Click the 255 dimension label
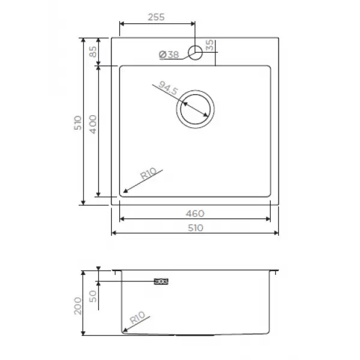[157, 17]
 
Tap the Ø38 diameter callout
[169, 55]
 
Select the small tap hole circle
[195, 53]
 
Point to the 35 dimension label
[209, 45]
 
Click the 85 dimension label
[93, 52]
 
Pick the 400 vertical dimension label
[93, 124]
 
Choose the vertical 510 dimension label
[78, 123]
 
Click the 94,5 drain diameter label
[168, 88]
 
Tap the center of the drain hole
[196, 109]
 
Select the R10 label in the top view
[148, 173]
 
